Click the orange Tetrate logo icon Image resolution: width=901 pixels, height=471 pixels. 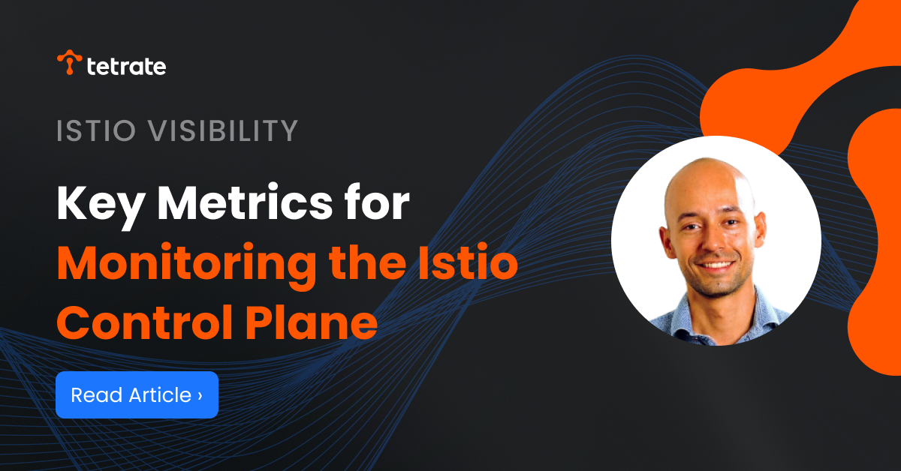click(69, 63)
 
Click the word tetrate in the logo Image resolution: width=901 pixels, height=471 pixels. click(126, 67)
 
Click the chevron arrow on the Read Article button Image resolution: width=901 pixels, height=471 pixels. click(200, 394)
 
